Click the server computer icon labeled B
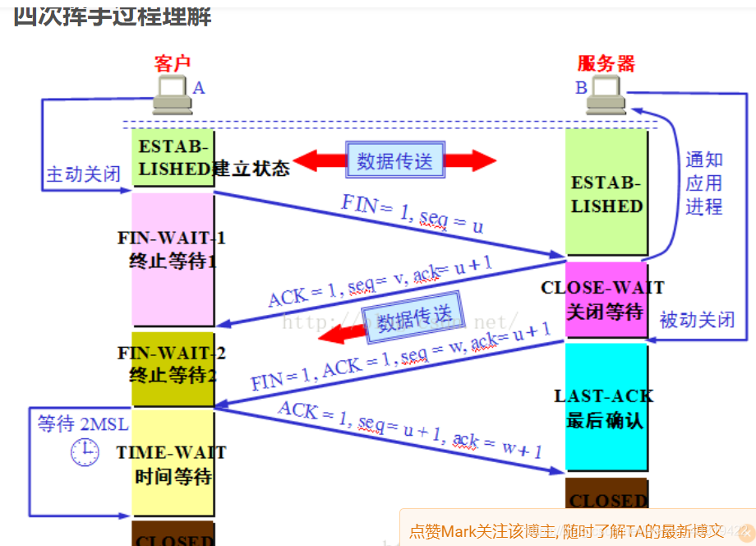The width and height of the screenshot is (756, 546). coord(608,95)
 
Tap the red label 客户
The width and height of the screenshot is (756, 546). coord(172,63)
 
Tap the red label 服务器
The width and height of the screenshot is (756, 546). coord(606,64)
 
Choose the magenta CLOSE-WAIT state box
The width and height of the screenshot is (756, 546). coord(606,300)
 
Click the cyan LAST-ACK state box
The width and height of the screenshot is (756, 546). coord(606,407)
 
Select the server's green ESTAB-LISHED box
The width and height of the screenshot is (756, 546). coord(606,194)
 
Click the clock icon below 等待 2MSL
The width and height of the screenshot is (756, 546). coord(85,451)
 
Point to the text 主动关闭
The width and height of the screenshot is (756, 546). coord(83,175)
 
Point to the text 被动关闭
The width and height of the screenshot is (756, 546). coord(697,320)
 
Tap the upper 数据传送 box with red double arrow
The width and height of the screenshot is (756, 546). coord(395,160)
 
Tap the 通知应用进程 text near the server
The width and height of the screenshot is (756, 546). coord(704,183)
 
